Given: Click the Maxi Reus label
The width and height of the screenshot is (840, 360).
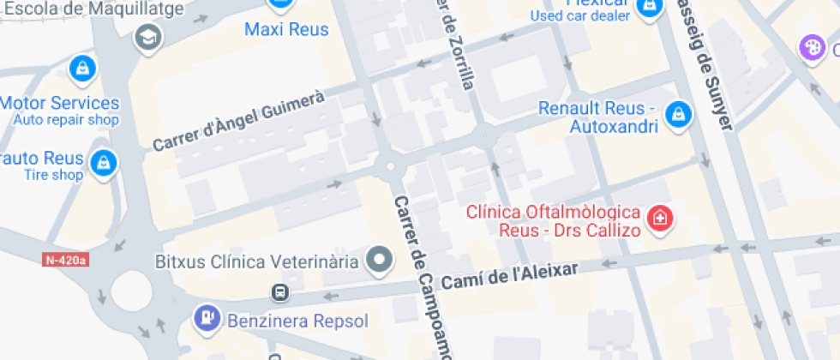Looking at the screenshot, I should click(286, 30).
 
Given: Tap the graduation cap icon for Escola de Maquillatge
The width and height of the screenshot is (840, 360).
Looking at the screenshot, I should click(148, 37).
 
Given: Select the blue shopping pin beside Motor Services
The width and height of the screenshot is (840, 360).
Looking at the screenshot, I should click(82, 67).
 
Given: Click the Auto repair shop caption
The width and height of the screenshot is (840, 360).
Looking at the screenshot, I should click(66, 120).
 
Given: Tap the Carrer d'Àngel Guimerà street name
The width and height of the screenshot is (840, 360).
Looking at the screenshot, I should click(239, 123).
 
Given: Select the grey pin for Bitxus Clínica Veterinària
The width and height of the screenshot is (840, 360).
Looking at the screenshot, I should click(379, 259).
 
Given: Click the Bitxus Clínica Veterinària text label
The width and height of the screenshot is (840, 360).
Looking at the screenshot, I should click(256, 261).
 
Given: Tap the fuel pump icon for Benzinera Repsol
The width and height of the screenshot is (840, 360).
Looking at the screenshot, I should click(207, 318).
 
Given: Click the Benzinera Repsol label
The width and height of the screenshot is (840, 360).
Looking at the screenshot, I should click(297, 321).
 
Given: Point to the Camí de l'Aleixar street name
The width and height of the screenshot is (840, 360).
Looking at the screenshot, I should click(510, 276).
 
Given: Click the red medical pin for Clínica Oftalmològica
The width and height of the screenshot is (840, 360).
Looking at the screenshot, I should click(659, 218).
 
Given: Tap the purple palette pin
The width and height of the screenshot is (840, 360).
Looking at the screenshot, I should click(811, 46).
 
